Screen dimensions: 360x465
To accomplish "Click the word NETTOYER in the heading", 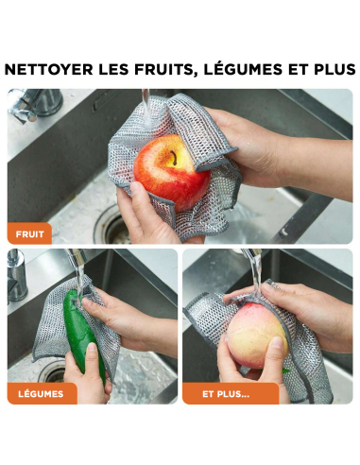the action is [x=49, y=69].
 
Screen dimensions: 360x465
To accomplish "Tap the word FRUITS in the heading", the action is [x=163, y=70].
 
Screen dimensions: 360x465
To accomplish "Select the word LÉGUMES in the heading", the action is [x=243, y=69].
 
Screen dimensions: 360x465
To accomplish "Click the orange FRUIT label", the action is [x=29, y=233].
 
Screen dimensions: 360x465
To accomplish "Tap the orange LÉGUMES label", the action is [x=42, y=393].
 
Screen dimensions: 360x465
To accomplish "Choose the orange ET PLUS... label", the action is [x=231, y=393].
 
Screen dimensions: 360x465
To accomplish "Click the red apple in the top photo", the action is [x=172, y=171].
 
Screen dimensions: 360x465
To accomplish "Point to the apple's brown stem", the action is [x=174, y=157].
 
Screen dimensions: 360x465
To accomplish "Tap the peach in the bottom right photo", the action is [x=257, y=335].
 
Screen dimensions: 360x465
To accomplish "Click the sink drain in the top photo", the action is [x=113, y=226].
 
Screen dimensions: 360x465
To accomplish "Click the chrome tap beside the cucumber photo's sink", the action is [x=16, y=276].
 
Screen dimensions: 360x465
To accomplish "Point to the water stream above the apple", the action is [x=146, y=107].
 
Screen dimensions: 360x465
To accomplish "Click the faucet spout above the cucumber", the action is [x=77, y=257].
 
